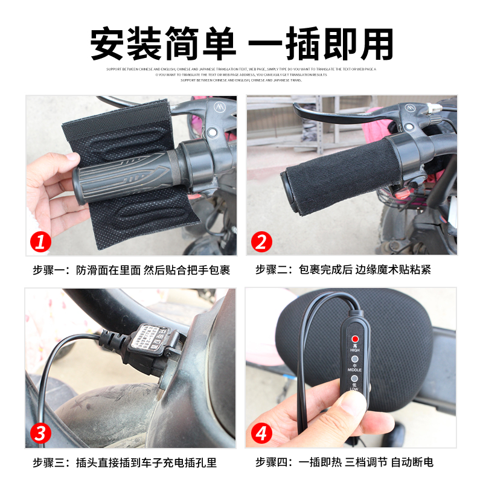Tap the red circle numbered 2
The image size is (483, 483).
pos(261,242)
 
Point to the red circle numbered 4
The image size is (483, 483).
pos(261,433)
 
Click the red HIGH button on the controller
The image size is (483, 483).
pos(355,339)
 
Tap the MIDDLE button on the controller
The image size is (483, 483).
pos(355,359)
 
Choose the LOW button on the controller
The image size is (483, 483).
pos(355,379)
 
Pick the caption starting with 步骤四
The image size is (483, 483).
pos(344,463)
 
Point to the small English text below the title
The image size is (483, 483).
pos(241,74)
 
